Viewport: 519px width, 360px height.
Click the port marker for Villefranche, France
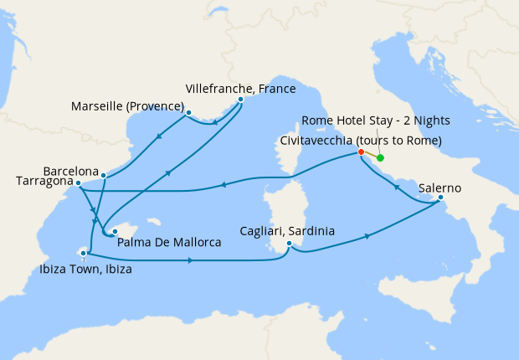coord(240,100)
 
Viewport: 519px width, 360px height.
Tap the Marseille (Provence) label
coord(128,105)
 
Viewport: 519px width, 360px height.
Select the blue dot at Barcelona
coord(103,176)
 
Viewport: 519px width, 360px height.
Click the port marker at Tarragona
coord(78,183)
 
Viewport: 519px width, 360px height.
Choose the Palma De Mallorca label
coord(169,243)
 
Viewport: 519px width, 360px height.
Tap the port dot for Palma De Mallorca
coord(115,229)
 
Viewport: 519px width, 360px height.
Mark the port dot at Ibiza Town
coord(83,252)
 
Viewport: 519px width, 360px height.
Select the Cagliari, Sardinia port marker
coord(288,244)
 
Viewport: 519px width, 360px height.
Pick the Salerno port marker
coord(440,198)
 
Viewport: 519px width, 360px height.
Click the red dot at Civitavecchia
coord(361,152)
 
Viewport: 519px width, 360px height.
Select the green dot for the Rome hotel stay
coord(380,157)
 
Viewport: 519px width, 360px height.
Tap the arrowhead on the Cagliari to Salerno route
coord(368,237)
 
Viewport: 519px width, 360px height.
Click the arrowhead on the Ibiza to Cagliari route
coord(192,260)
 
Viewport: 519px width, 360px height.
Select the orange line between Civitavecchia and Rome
coord(370,155)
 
